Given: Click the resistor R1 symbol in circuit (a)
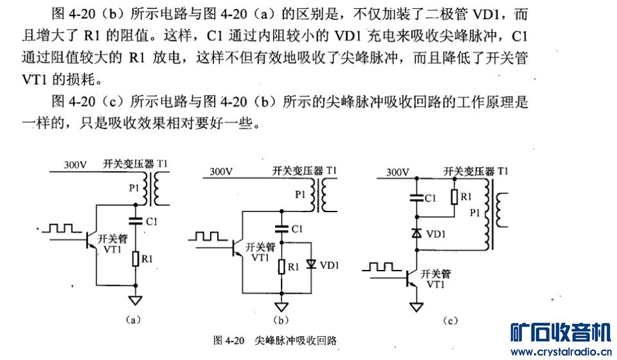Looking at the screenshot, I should (136, 259).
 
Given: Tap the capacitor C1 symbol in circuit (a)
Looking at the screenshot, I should (136, 221).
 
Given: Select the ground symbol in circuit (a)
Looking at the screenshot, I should (136, 298).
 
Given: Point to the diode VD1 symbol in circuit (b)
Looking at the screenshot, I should (312, 264).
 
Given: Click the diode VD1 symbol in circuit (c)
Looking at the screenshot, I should (416, 233).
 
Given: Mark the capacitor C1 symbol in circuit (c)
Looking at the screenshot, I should (416, 197).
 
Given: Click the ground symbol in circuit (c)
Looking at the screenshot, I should (416, 307).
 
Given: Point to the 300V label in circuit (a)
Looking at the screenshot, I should (75, 165).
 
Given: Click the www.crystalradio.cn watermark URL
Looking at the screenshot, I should (560, 352).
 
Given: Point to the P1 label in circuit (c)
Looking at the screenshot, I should (474, 212).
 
